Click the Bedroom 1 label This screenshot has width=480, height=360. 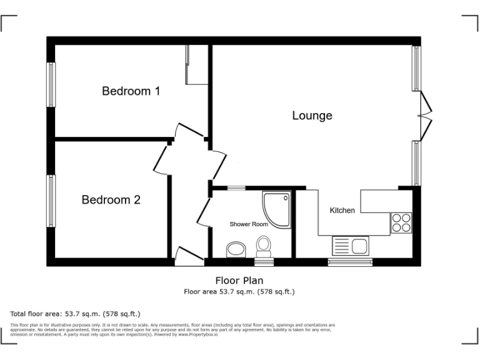point(131,91)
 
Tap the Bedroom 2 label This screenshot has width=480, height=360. point(111,200)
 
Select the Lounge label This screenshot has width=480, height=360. point(312,116)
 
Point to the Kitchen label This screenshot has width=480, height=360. point(342,211)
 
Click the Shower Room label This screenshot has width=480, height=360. point(249,224)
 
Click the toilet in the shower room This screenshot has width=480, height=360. point(264,246)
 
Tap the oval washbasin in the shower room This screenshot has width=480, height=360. point(236,251)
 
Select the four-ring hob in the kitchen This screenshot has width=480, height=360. point(401,223)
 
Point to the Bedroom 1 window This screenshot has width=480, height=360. point(52,84)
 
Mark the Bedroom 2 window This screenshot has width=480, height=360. point(52,201)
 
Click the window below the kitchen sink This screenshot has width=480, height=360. point(350,262)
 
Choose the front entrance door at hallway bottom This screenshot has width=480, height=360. point(187,256)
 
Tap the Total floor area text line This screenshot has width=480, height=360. point(75,314)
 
